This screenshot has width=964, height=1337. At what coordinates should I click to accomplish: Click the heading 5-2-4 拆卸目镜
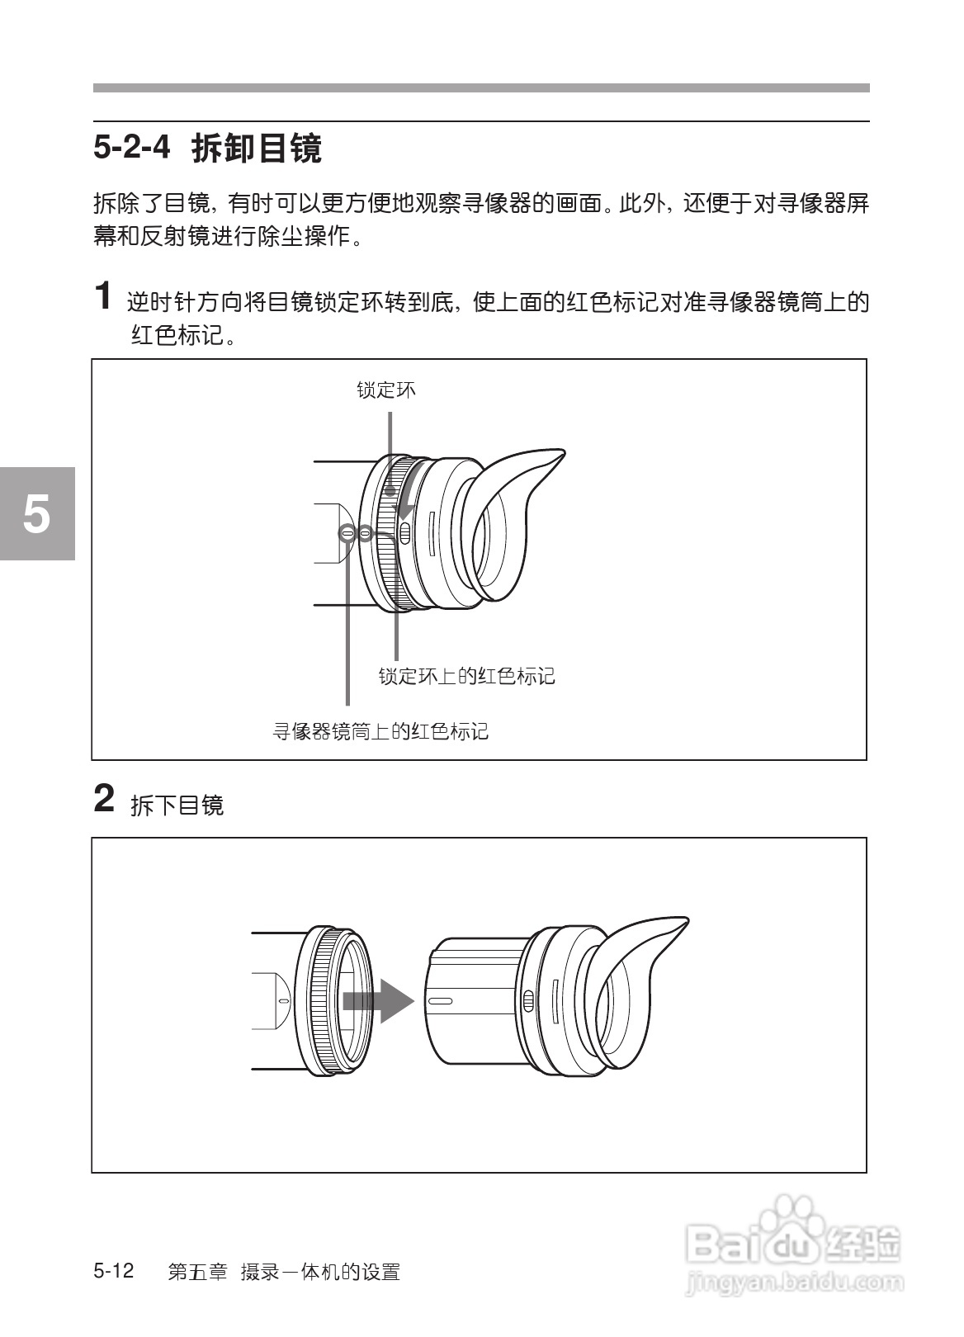207,149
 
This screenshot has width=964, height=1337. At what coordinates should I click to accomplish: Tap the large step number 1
103,295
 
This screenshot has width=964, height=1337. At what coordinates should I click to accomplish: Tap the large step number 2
103,799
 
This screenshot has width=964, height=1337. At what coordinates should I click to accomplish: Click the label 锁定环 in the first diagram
386,390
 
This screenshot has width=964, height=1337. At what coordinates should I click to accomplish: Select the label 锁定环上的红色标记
466,677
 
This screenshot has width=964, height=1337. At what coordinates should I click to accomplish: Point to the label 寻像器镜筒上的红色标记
380,731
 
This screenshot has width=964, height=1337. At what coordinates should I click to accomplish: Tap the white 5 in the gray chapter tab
36,514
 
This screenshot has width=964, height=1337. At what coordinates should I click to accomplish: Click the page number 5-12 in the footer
114,1271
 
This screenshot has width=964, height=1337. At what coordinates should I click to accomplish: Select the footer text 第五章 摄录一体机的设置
284,1273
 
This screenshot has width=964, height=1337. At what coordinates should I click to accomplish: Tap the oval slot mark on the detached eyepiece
440,1001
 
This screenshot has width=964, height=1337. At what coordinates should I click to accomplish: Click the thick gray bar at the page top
481,87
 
